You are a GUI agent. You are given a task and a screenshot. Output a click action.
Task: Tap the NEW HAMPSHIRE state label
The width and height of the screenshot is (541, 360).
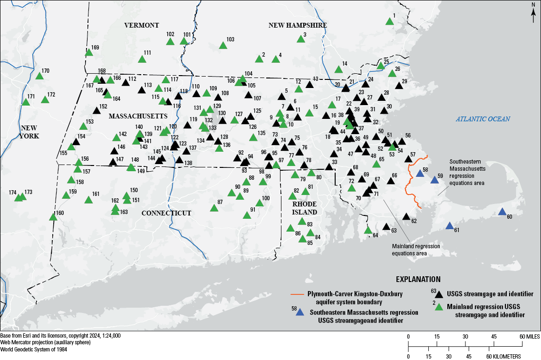pyautogui.click(x=298, y=26)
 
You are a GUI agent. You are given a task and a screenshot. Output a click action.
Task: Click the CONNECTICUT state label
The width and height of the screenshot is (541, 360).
pyautogui.click(x=166, y=213)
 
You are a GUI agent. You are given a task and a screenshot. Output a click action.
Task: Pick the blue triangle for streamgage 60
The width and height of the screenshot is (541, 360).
pyautogui.click(x=502, y=212)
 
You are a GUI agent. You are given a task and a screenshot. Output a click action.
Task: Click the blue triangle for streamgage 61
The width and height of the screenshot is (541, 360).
pyautogui.click(x=450, y=226)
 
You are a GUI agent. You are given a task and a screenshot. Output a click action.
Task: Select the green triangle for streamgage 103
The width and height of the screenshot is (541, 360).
pyautogui.click(x=222, y=46)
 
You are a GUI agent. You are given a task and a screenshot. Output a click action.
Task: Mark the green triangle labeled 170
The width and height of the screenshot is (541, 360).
pyautogui.click(x=39, y=76)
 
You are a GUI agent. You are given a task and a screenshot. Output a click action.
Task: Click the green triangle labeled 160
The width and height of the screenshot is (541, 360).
pyautogui.click(x=53, y=217)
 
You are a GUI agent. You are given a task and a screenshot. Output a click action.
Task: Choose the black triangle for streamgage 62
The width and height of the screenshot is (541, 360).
pyautogui.click(x=406, y=216)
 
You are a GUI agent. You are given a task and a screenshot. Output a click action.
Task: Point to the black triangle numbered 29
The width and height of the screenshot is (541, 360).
pyautogui.click(x=399, y=86)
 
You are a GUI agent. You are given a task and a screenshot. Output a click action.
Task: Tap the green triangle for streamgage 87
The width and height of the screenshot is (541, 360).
pyautogui.click(x=214, y=208)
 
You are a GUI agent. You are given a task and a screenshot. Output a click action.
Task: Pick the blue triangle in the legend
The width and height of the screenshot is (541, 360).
pyautogui.click(x=299, y=312)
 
